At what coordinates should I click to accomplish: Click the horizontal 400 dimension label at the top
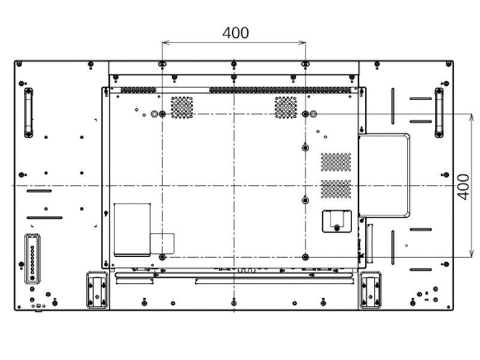pyautogui.click(x=235, y=33)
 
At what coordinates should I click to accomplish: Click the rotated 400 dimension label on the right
pyautogui.click(x=463, y=187)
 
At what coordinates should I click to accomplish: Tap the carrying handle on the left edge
pyautogui.click(x=28, y=112)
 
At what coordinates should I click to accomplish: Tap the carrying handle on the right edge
pyautogui.click(x=439, y=112)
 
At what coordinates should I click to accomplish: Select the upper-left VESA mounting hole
pyautogui.click(x=162, y=113)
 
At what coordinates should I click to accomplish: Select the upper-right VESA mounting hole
pyautogui.click(x=305, y=113)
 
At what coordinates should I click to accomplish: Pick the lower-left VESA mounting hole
pyautogui.click(x=162, y=257)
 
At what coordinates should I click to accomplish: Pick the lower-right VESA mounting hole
pyautogui.click(x=305, y=257)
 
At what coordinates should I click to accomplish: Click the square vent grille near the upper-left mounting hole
pyautogui.click(x=182, y=107)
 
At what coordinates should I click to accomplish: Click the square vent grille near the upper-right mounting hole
pyautogui.click(x=286, y=107)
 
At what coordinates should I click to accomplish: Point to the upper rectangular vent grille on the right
pyautogui.click(x=336, y=162)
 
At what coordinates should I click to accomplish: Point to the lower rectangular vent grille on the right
pyautogui.click(x=336, y=189)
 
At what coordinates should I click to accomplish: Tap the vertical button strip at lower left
pyautogui.click(x=32, y=258)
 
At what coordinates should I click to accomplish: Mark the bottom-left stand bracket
pyautogui.click(x=97, y=290)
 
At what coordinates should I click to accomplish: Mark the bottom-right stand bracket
pyautogui.click(x=370, y=290)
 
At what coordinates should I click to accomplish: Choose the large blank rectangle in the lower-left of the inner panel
pyautogui.click(x=132, y=229)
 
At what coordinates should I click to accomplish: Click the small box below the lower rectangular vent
pyautogui.click(x=336, y=220)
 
